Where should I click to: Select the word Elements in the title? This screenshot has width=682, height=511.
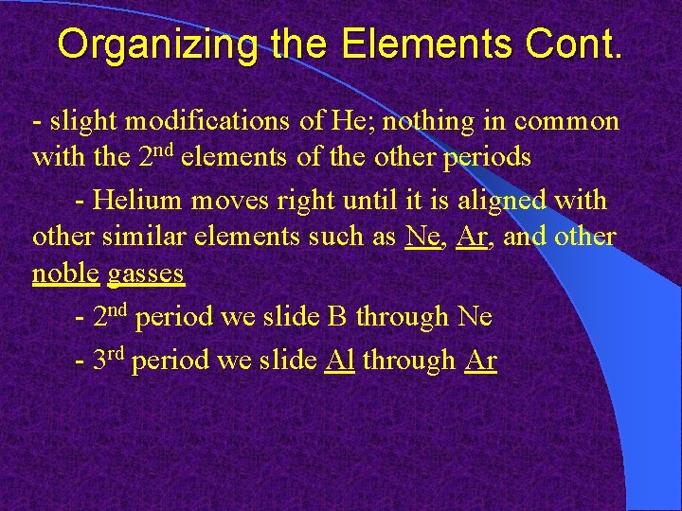398,44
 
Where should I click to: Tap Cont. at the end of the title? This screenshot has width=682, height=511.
565,44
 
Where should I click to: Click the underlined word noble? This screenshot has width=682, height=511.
65,273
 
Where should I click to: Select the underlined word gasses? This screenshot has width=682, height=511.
146,274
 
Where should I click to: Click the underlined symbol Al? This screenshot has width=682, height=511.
338,361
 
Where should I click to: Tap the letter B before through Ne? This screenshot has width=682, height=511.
337,317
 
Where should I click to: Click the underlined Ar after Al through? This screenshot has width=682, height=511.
481,361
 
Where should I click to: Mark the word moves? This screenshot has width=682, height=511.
226,201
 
